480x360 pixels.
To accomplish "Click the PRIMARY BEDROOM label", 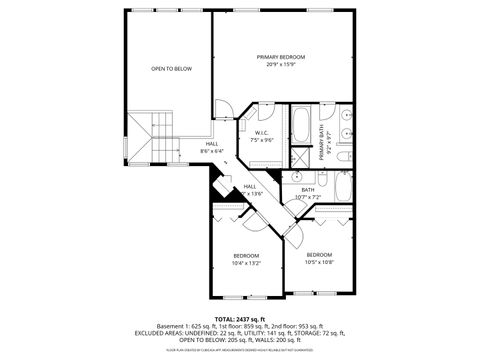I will coord(280,57).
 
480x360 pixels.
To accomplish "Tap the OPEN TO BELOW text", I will coord(171,69).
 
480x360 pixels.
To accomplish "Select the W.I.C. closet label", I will coord(261,133).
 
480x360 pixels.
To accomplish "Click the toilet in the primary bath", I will coord(341,159).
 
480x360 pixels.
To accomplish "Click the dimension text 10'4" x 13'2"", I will coord(246,263).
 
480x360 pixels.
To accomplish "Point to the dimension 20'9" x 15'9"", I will coord(280,65).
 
